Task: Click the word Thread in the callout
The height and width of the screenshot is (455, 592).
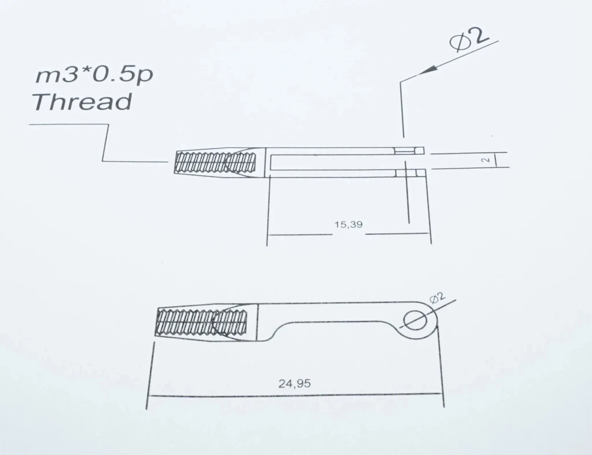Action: point(82,102)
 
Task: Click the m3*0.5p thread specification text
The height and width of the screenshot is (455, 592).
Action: point(94,75)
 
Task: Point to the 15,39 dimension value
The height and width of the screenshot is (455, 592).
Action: point(348,225)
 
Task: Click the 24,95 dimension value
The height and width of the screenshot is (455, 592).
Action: point(294,384)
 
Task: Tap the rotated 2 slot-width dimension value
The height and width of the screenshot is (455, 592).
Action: point(486,160)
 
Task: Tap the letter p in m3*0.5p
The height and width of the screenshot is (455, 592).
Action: point(145,77)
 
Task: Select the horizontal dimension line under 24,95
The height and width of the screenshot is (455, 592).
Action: point(295,395)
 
